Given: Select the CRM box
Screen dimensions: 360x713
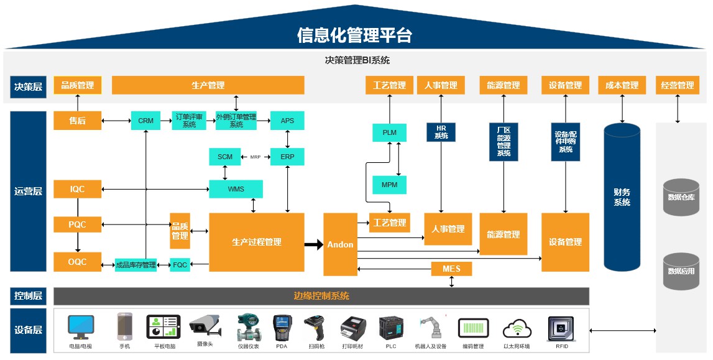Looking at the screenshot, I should click(145, 121).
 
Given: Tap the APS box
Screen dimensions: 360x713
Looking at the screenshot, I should click(287, 121).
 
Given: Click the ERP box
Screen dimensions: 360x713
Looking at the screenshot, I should click(287, 157).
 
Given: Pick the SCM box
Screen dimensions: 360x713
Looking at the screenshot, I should click(225, 157).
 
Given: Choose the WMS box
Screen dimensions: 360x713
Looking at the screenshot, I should click(236, 189).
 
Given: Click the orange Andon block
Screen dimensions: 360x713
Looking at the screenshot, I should click(340, 244).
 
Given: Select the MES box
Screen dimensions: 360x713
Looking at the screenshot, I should click(451, 269).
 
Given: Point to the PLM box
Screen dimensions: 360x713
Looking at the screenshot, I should click(389, 132).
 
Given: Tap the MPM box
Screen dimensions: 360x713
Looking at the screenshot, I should click(389, 185).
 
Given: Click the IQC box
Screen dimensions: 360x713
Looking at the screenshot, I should click(77, 189).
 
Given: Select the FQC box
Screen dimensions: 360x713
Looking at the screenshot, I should click(180, 265).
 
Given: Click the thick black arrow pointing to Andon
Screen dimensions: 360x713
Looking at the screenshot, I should click(313, 244).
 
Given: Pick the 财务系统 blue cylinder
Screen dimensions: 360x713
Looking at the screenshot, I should click(622, 198).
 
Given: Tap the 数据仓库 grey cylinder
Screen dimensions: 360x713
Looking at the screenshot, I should click(681, 197).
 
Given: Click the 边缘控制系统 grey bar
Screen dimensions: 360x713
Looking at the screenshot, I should click(321, 296).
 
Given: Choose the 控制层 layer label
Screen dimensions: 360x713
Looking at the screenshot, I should click(28, 296).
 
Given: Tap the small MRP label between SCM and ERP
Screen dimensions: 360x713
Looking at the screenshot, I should click(255, 157).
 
